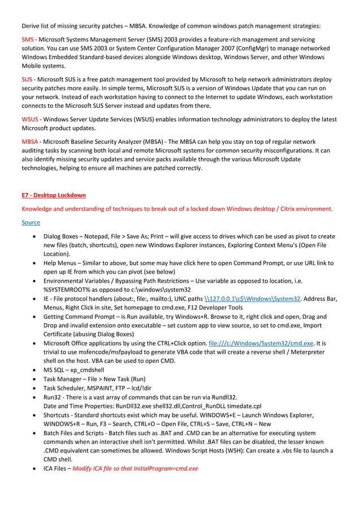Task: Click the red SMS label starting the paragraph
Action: [27, 41]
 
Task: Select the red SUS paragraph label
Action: [27, 80]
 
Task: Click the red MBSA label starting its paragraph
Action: [30, 142]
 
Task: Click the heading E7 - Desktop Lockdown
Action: [54, 195]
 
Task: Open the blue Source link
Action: [32, 222]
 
